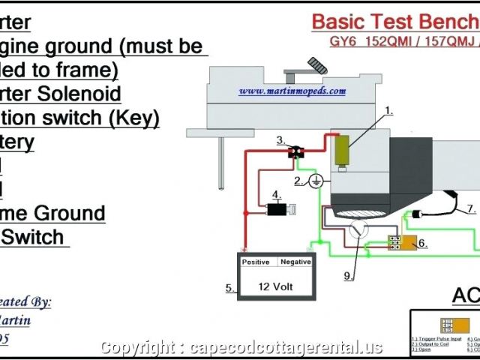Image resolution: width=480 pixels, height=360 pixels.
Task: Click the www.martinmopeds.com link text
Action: pyautogui.click(x=292, y=91)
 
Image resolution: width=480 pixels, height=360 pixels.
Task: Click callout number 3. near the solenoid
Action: pyautogui.click(x=280, y=140)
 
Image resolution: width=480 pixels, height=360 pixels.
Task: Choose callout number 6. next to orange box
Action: pyautogui.click(x=422, y=243)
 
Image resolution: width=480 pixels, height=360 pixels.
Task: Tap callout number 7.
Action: pyautogui.click(x=470, y=208)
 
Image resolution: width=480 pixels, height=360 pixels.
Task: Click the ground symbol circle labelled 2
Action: pyautogui.click(x=316, y=181)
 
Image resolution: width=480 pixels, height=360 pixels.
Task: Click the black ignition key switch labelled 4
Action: pyautogui.click(x=279, y=210)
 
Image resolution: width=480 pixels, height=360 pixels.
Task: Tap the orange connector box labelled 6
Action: pyautogui.click(x=395, y=242)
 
